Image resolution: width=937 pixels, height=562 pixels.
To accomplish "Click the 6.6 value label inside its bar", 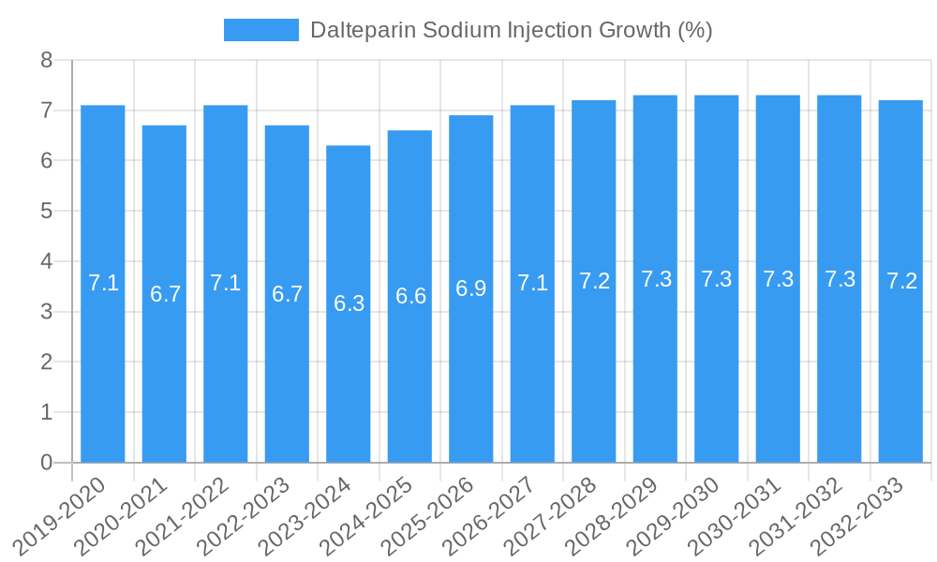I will (410, 296).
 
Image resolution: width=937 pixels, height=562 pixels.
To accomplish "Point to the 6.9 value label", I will (471, 288).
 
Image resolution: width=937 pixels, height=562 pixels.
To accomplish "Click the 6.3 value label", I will (349, 303).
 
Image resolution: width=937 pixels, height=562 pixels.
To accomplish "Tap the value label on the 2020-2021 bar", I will (165, 294).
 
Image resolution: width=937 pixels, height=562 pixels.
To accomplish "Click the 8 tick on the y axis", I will (47, 61).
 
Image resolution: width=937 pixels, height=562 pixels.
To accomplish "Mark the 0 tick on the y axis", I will (47, 463).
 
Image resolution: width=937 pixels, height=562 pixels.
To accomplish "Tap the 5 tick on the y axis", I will (47, 212).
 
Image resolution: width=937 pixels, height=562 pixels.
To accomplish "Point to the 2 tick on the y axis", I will (47, 362).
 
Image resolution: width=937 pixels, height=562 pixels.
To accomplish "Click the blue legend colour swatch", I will (260, 30).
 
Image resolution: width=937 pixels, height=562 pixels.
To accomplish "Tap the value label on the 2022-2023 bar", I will (287, 294).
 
